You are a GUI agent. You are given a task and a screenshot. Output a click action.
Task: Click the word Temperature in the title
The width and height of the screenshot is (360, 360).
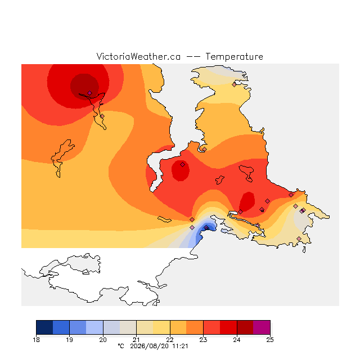(x=234, y=57)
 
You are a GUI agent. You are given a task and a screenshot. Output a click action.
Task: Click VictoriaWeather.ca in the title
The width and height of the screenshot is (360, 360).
(x=138, y=57)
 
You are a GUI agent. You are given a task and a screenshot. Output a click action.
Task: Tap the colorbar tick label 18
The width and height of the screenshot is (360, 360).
(x=36, y=340)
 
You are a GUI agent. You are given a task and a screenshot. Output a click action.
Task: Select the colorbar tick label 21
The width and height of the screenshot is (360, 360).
(x=136, y=340)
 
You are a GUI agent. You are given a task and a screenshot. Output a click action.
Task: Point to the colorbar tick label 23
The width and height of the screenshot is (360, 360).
(x=203, y=340)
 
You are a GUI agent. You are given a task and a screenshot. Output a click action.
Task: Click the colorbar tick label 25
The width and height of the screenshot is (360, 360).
(x=270, y=340)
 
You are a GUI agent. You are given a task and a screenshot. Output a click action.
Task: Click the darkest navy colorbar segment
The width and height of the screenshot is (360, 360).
(x=44, y=327)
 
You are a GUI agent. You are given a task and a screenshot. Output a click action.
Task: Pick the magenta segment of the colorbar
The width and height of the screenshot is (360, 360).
(x=262, y=327)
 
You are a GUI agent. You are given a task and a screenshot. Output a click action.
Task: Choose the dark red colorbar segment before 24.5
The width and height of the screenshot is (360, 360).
(x=245, y=327)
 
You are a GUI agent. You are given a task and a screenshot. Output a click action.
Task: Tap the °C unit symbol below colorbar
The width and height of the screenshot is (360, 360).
(x=121, y=346)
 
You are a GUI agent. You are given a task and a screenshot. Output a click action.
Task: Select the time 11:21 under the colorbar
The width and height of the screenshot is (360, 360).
(x=180, y=346)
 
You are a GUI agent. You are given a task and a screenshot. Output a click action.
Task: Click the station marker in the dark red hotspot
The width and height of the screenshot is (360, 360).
(x=89, y=93)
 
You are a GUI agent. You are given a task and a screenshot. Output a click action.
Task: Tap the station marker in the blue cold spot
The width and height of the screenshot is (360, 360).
(x=206, y=227)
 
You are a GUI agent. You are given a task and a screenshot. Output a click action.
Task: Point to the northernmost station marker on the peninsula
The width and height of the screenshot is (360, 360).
(x=234, y=85)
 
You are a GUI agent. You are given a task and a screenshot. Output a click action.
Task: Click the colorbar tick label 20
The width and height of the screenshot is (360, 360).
(x=103, y=340)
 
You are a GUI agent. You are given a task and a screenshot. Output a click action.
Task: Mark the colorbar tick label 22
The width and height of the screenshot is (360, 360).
(x=170, y=340)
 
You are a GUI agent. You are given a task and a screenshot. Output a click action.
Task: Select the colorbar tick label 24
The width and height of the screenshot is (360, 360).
(x=237, y=340)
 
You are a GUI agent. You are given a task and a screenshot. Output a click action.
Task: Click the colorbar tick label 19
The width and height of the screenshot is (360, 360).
(x=70, y=340)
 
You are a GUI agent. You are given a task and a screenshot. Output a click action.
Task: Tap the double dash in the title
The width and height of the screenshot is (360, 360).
(x=193, y=57)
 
